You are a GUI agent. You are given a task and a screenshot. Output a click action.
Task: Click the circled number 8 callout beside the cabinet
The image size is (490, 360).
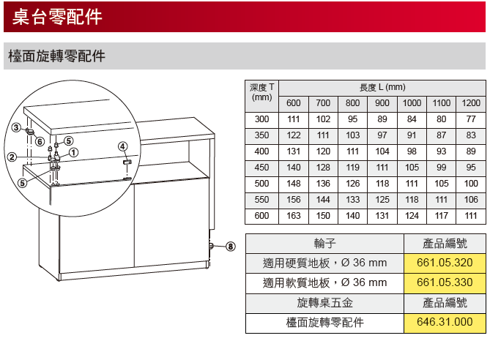click(x=230, y=247)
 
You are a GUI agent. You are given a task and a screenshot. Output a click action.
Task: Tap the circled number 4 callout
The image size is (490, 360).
click(x=122, y=146)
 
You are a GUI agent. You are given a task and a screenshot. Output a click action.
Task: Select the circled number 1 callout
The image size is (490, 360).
click(x=73, y=153)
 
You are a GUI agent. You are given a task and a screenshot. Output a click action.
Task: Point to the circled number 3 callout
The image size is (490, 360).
click(x=16, y=127)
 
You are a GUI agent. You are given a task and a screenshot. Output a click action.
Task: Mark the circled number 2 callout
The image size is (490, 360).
click(x=12, y=157)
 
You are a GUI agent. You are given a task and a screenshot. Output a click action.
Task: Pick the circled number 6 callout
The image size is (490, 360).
click(x=40, y=142)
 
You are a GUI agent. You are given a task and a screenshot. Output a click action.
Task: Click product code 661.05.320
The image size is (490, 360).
click(x=445, y=263)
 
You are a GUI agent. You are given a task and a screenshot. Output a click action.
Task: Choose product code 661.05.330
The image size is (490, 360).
click(x=445, y=282)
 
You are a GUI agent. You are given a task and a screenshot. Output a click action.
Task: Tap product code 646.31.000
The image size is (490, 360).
click(x=445, y=322)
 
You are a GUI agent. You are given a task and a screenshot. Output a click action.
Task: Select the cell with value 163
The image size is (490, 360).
click(x=294, y=216)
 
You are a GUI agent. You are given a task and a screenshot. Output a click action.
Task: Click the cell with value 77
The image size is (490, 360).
click(x=471, y=119)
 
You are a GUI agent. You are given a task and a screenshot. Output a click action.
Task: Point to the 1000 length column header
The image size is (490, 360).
click(x=412, y=103)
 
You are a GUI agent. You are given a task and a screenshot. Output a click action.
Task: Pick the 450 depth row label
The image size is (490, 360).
click(x=261, y=168)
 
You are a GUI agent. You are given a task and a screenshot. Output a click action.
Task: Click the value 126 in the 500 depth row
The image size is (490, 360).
click(x=352, y=184)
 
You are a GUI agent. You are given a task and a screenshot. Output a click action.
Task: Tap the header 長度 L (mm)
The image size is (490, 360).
click(x=382, y=87)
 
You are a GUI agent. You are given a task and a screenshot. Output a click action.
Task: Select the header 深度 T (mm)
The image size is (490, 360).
click(x=262, y=92)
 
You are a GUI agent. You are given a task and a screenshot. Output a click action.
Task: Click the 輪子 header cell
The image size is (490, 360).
click(x=324, y=244)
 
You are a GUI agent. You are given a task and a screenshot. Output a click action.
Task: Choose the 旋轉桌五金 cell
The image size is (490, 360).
click(x=324, y=302)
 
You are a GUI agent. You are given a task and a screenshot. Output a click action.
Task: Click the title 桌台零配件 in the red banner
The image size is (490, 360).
click(x=57, y=17)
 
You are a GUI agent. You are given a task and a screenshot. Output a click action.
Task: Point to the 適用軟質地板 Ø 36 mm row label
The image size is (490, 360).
click(x=324, y=283)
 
